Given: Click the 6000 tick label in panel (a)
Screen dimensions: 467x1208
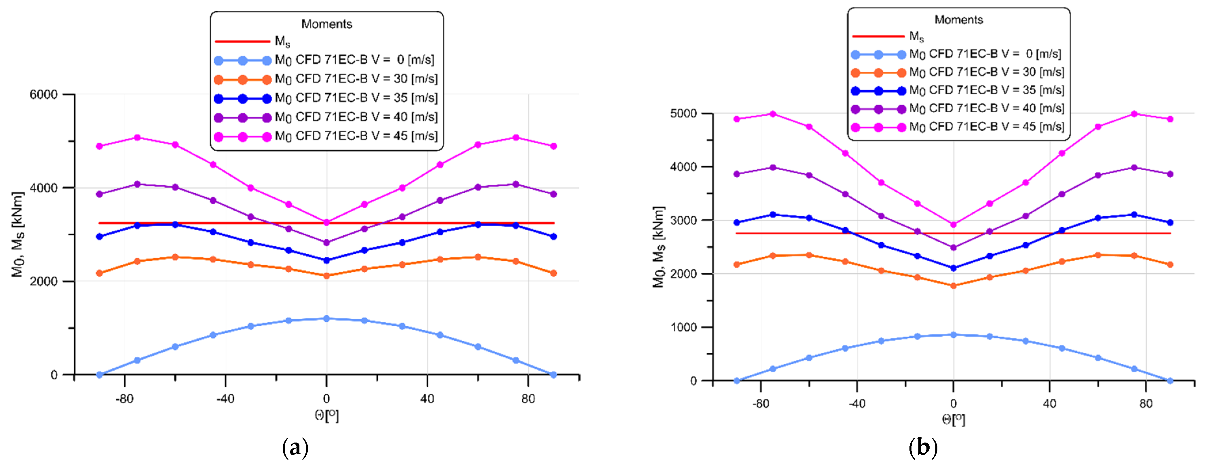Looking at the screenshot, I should click(x=43, y=94).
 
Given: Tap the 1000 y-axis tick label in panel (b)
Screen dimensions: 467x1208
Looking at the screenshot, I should click(x=683, y=327).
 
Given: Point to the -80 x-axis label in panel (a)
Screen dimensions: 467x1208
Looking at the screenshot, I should click(x=124, y=399).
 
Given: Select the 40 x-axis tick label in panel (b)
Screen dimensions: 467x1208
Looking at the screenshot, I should click(x=1049, y=404).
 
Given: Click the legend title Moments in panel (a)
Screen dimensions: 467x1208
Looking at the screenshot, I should click(x=326, y=24).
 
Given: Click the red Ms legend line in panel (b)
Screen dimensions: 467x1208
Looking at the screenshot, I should click(x=878, y=36).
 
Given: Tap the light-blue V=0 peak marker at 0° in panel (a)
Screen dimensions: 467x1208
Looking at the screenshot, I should click(x=326, y=318).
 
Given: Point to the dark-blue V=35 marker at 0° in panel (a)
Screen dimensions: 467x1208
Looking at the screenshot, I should click(x=326, y=260).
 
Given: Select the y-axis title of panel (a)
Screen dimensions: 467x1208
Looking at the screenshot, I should click(x=17, y=235).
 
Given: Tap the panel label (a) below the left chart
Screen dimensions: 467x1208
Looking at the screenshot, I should click(x=295, y=448).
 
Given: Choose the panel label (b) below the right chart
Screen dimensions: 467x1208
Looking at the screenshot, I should click(x=922, y=448).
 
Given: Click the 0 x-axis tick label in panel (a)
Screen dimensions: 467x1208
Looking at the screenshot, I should click(x=326, y=399).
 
